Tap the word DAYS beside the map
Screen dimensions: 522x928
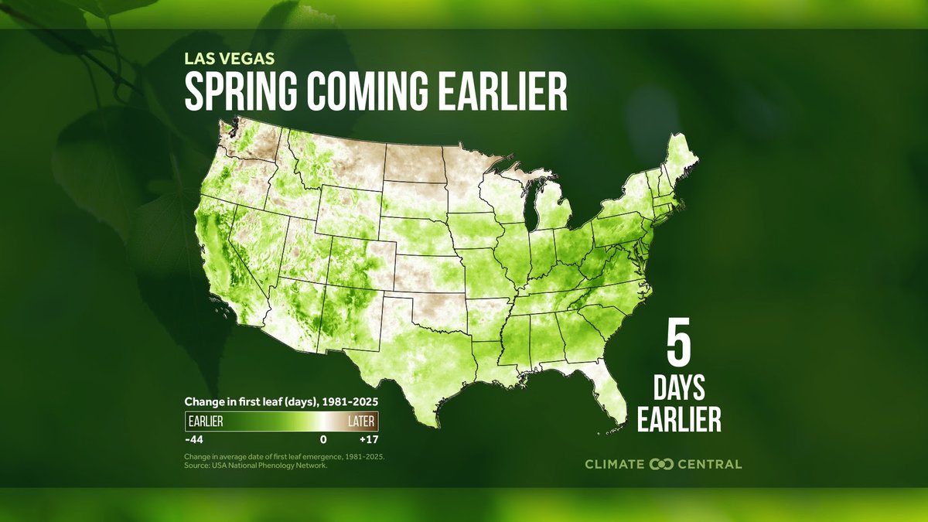[678, 387]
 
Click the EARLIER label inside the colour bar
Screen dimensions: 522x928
[206, 421]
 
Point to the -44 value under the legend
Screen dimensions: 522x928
[193, 439]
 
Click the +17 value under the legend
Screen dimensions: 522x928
[368, 439]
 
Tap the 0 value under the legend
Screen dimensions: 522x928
[323, 439]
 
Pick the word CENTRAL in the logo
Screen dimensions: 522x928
[709, 464]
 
